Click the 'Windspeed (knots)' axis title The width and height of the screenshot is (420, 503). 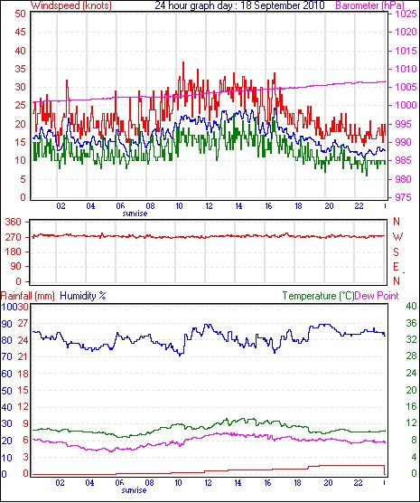tap(71, 5)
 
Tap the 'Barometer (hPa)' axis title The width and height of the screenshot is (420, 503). tap(369, 5)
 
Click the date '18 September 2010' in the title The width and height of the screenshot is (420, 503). tap(282, 5)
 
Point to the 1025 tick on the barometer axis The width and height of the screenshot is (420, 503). tap(406, 14)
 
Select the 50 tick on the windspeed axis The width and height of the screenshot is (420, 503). tap(20, 14)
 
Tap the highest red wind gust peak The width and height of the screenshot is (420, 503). tap(183, 62)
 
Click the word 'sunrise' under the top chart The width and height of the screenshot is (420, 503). tap(135, 214)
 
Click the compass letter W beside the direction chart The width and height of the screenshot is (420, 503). tap(397, 237)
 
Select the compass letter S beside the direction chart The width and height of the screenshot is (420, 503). tap(397, 252)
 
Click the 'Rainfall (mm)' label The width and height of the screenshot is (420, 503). tap(28, 296)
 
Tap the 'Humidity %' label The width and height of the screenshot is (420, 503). tap(83, 296)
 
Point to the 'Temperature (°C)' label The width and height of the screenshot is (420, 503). tap(318, 296)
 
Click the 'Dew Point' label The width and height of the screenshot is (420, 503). tap(377, 296)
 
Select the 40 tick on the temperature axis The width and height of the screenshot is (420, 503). tap(411, 306)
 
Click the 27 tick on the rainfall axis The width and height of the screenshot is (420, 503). tap(23, 323)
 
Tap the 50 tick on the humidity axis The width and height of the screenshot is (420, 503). tap(6, 391)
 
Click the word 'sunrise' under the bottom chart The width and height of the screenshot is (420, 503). tap(134, 490)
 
